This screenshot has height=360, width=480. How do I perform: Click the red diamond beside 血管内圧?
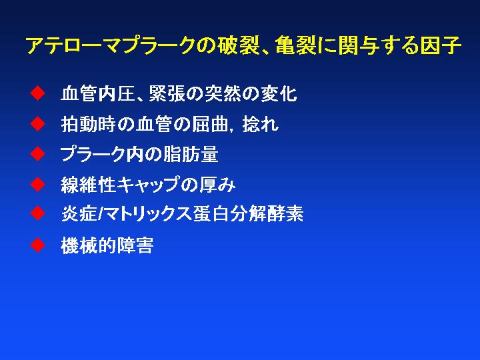tap(37, 93)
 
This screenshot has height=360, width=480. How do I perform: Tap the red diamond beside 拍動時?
tap(37, 124)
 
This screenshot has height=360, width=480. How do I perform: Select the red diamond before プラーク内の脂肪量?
tap(37, 154)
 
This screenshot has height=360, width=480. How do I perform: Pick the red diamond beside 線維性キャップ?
tap(37, 184)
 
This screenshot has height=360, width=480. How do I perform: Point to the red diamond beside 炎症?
tap(37, 213)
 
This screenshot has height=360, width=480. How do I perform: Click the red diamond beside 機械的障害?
tap(37, 245)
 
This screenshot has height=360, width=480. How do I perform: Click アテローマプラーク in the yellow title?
tap(111, 46)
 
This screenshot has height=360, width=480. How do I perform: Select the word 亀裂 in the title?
tap(295, 46)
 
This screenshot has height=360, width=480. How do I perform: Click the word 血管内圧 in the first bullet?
tap(98, 93)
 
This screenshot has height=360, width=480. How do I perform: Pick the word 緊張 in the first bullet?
tap(167, 93)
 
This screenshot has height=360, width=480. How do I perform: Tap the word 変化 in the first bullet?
tap(279, 93)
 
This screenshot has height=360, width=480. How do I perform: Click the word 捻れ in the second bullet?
tap(260, 124)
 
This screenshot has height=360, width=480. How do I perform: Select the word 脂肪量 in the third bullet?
tap(191, 154)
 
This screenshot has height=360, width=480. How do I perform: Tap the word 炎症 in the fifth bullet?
tap(79, 213)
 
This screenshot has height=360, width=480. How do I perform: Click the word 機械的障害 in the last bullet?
tap(107, 245)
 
